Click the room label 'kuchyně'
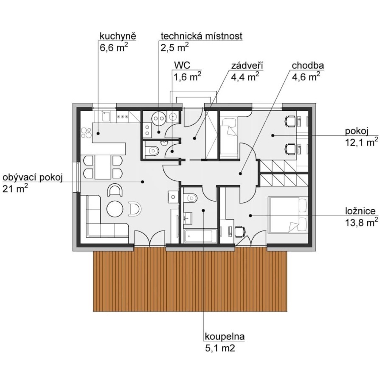tap(118, 37)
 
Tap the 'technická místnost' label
tap(202, 37)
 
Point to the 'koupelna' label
tap(225, 337)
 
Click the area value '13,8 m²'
tap(362, 222)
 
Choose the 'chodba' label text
tap(308, 66)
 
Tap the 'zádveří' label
tap(247, 66)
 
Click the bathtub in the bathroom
tap(200, 236)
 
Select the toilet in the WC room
tap(152, 151)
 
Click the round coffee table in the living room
tap(115, 209)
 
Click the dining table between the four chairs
tap(103, 167)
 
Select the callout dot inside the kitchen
tap(98, 133)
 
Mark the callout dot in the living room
tap(143, 182)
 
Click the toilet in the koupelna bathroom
tap(190, 197)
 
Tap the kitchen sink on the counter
tap(106, 116)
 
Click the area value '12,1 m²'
tap(362, 142)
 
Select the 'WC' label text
tap(182, 65)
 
